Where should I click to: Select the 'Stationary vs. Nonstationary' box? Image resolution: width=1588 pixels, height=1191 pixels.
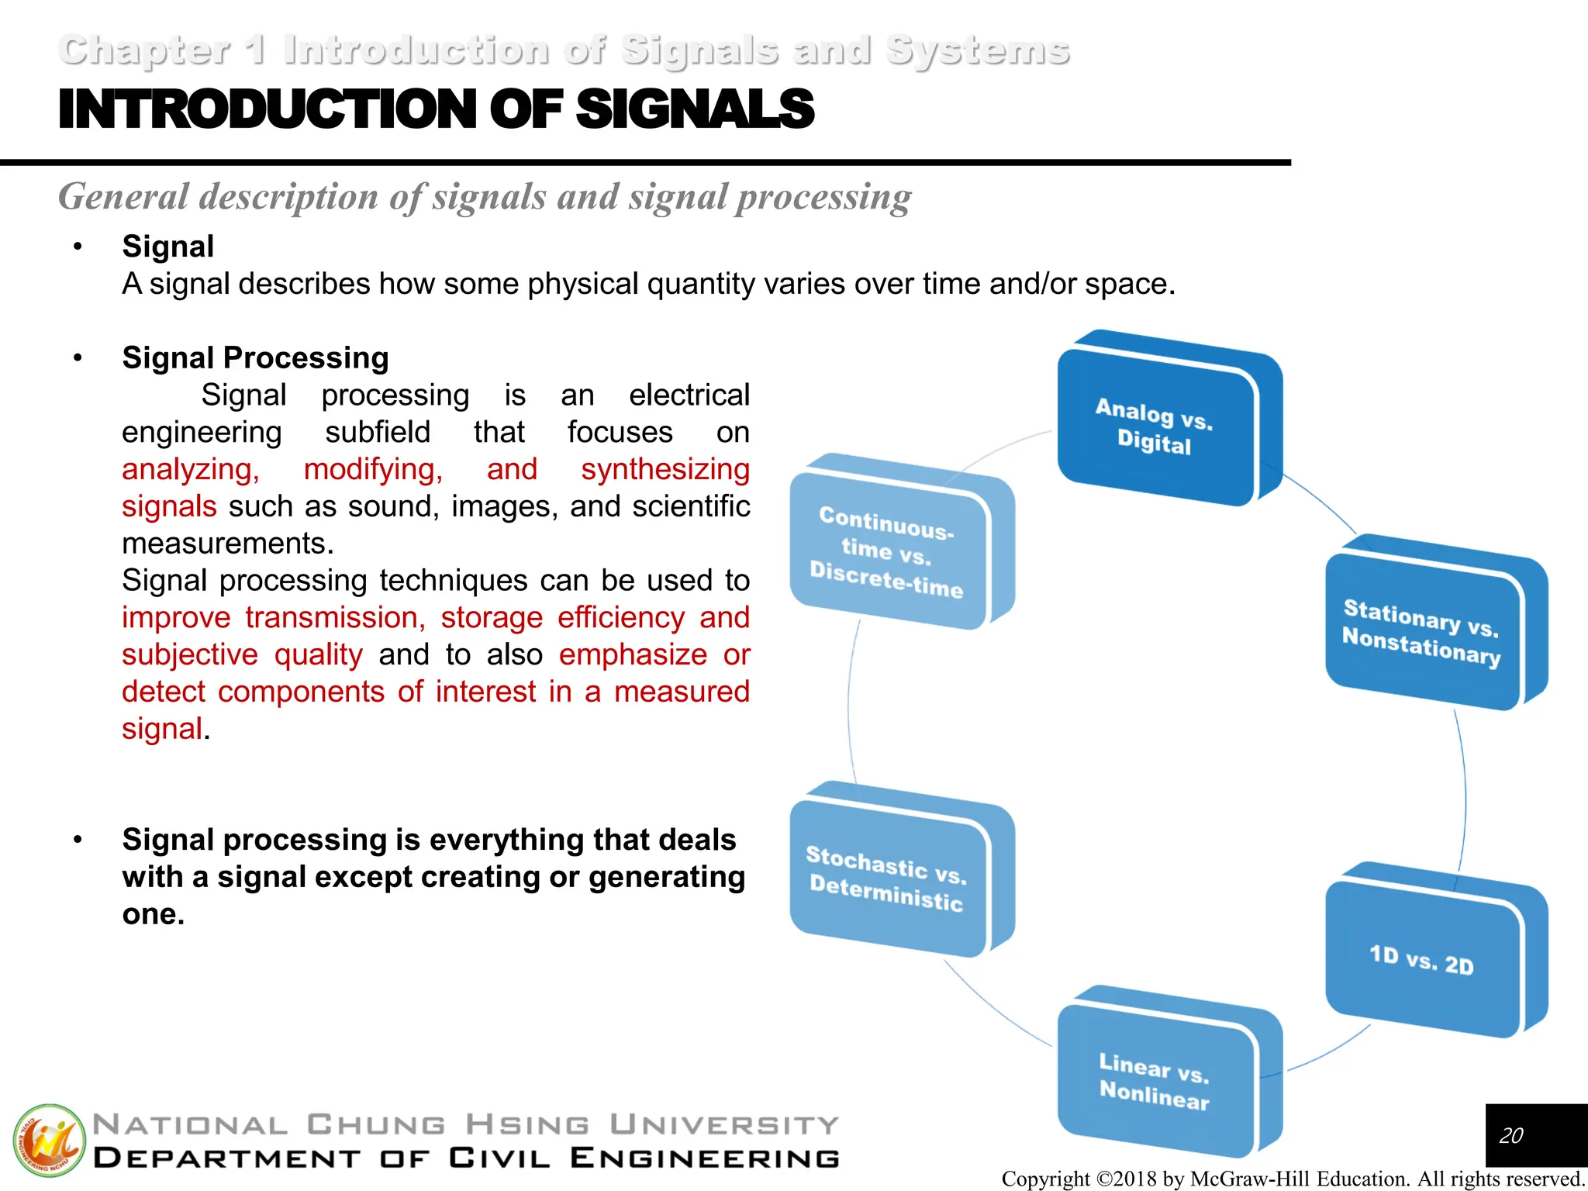coord(1422,632)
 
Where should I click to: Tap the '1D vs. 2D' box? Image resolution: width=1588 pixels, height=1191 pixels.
coord(1422,960)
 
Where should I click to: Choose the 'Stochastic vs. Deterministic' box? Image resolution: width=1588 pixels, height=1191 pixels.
coord(887,878)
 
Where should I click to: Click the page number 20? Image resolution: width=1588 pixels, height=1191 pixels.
coord(1510,1135)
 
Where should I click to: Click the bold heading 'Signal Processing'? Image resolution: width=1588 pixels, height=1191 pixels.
coord(255,358)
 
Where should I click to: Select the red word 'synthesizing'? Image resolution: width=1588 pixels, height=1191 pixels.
coord(665,470)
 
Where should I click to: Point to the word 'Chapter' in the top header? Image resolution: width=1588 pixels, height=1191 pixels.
coord(144,51)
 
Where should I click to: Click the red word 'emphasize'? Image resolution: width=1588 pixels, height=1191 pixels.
coord(633,655)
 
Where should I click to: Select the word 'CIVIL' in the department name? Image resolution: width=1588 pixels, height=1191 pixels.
coord(500,1158)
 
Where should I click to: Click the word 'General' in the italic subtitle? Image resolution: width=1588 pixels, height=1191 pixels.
coord(124,197)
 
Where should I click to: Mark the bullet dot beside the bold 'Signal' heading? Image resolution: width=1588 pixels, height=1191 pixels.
coord(78,247)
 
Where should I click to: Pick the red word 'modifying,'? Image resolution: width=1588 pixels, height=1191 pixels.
coord(373,470)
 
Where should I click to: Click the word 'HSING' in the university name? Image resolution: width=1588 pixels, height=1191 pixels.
coord(528,1124)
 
